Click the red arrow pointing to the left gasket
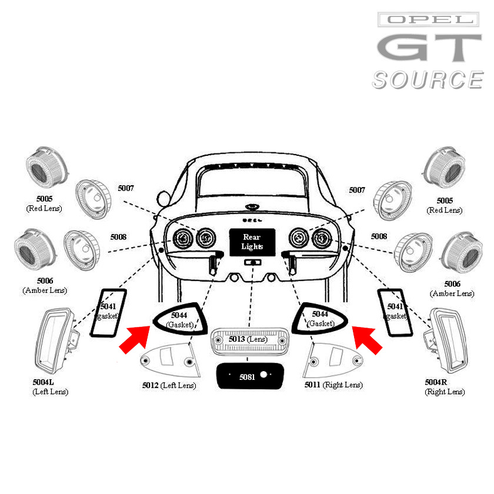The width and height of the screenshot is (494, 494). [134, 338]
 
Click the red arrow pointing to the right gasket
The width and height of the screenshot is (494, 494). [367, 339]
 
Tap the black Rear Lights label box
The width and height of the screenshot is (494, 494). [252, 242]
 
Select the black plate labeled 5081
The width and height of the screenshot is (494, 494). [248, 376]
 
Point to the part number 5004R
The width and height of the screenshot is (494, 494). [436, 382]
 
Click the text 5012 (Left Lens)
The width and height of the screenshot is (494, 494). [169, 386]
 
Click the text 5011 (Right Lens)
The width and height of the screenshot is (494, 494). [333, 385]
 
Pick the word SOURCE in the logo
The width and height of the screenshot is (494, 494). [428, 80]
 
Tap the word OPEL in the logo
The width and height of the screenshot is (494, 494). [428, 20]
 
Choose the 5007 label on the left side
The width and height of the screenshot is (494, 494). [126, 188]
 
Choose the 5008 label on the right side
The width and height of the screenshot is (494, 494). [379, 236]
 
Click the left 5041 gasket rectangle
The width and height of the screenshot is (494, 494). [108, 313]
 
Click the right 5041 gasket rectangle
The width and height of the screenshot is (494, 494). [394, 312]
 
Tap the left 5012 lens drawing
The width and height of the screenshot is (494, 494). [168, 358]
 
